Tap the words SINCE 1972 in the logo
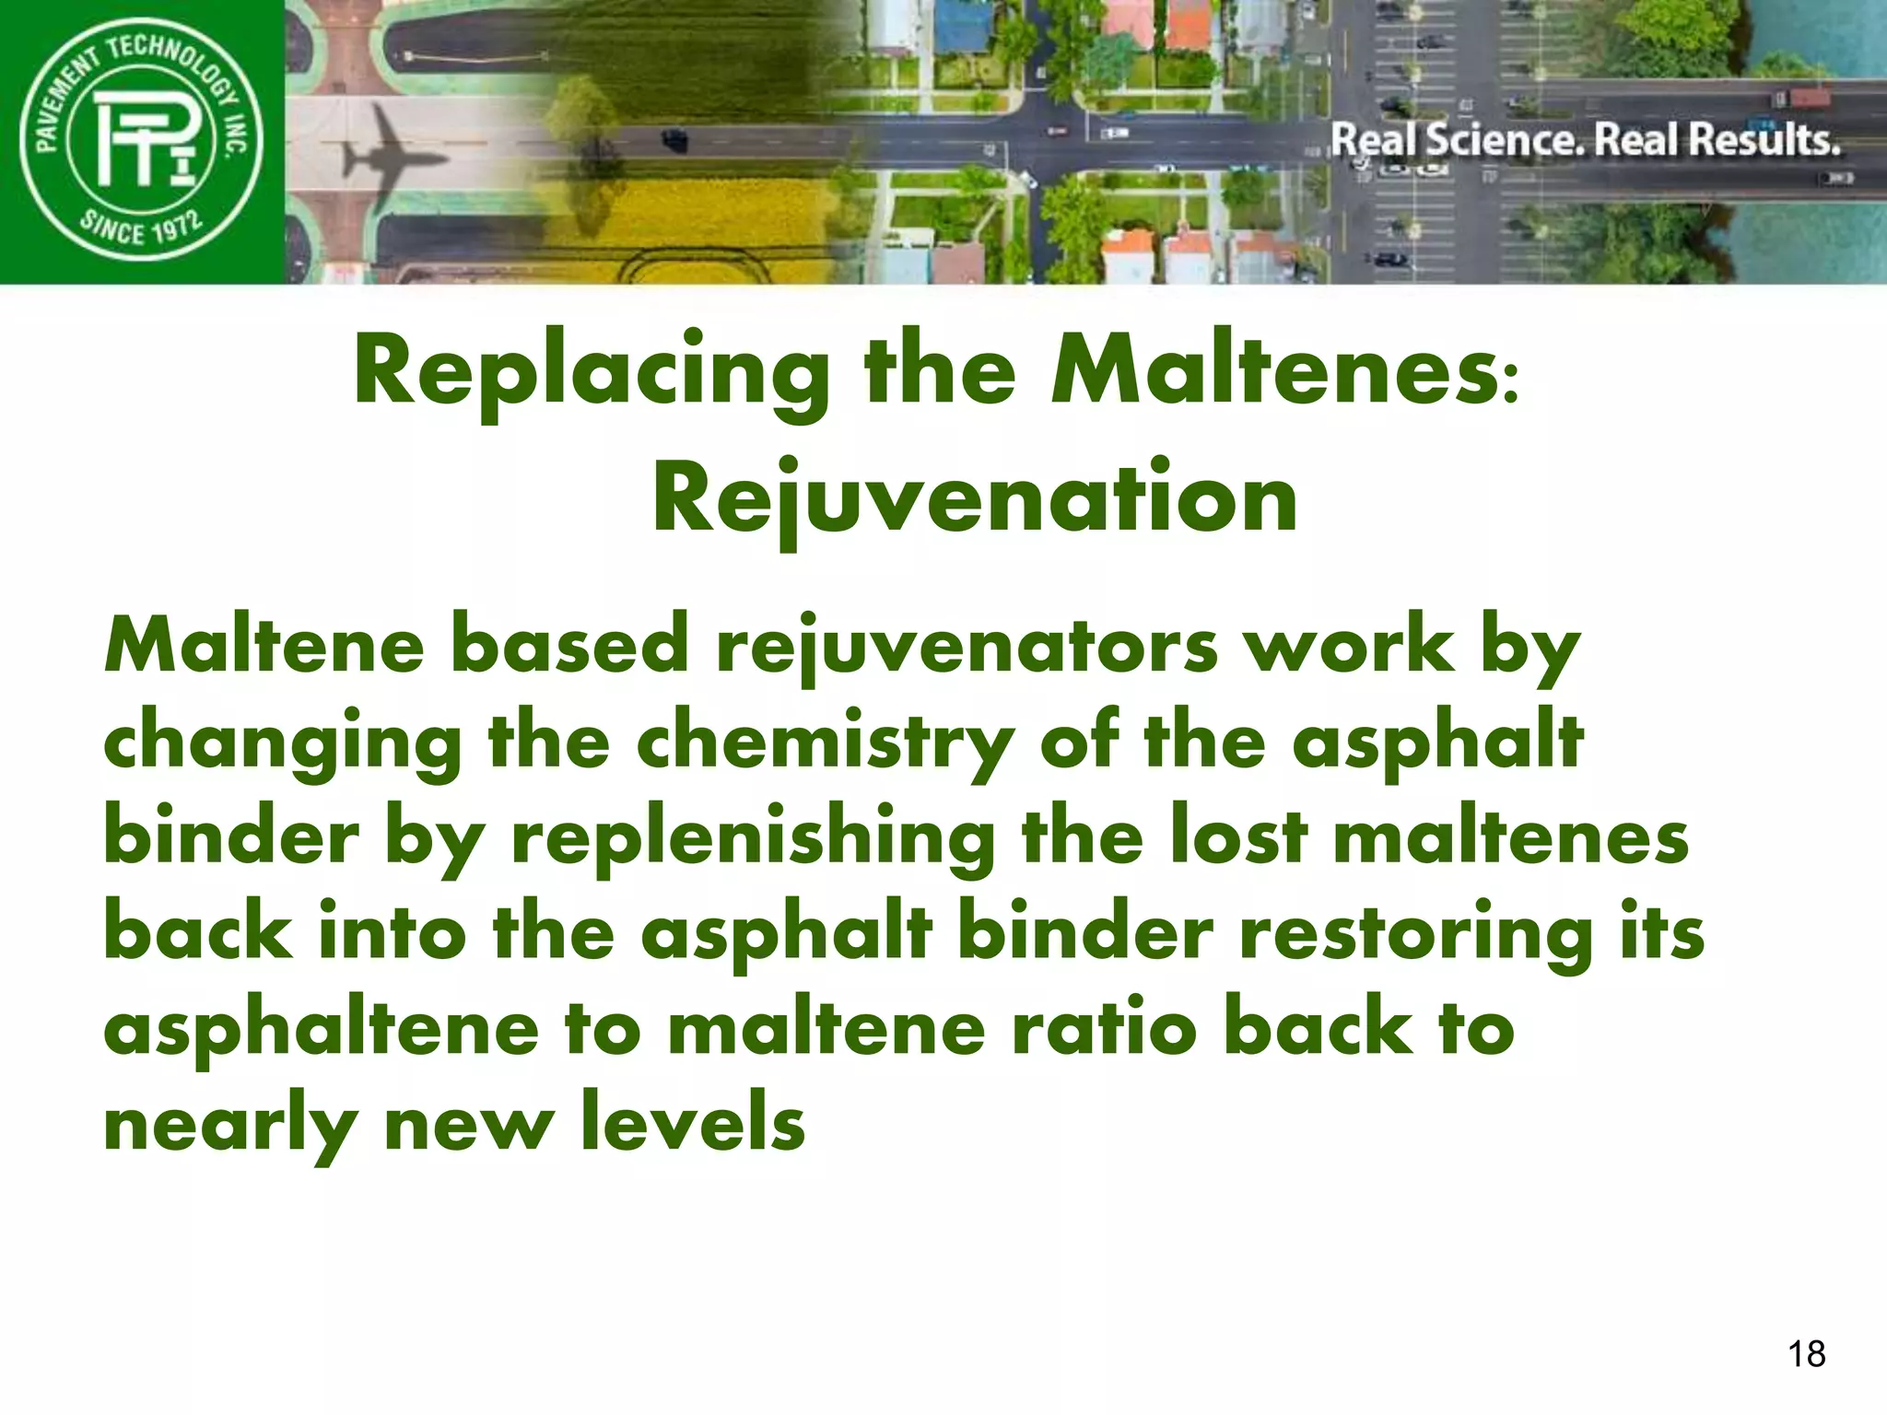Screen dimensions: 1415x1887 point(140,227)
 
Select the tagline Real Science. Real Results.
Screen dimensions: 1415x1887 point(1585,140)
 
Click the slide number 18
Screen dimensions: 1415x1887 point(1806,1354)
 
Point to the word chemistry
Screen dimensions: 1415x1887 point(826,744)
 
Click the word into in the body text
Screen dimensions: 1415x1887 point(393,934)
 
